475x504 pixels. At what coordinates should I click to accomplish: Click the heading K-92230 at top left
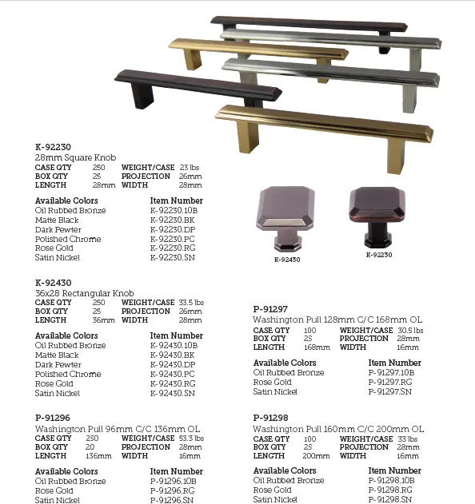[53, 148]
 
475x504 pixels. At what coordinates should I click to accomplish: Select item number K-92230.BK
[173, 220]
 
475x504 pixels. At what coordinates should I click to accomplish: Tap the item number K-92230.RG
[173, 248]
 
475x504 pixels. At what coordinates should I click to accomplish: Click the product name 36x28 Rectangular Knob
[85, 293]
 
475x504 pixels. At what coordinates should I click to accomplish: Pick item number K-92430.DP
[173, 364]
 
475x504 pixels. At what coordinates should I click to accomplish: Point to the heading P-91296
[53, 417]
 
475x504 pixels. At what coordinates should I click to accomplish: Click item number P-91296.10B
[174, 481]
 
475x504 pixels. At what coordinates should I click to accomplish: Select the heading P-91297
[270, 310]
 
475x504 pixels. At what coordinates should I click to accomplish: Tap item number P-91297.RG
[391, 382]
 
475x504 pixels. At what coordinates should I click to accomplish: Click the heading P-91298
[270, 418]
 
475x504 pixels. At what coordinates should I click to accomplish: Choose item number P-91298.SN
[391, 499]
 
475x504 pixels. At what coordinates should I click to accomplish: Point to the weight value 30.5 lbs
[410, 330]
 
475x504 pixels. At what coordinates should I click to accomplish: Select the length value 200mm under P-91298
[317, 456]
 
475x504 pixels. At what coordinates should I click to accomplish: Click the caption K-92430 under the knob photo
[288, 260]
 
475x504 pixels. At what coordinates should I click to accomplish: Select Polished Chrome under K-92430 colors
[68, 374]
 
